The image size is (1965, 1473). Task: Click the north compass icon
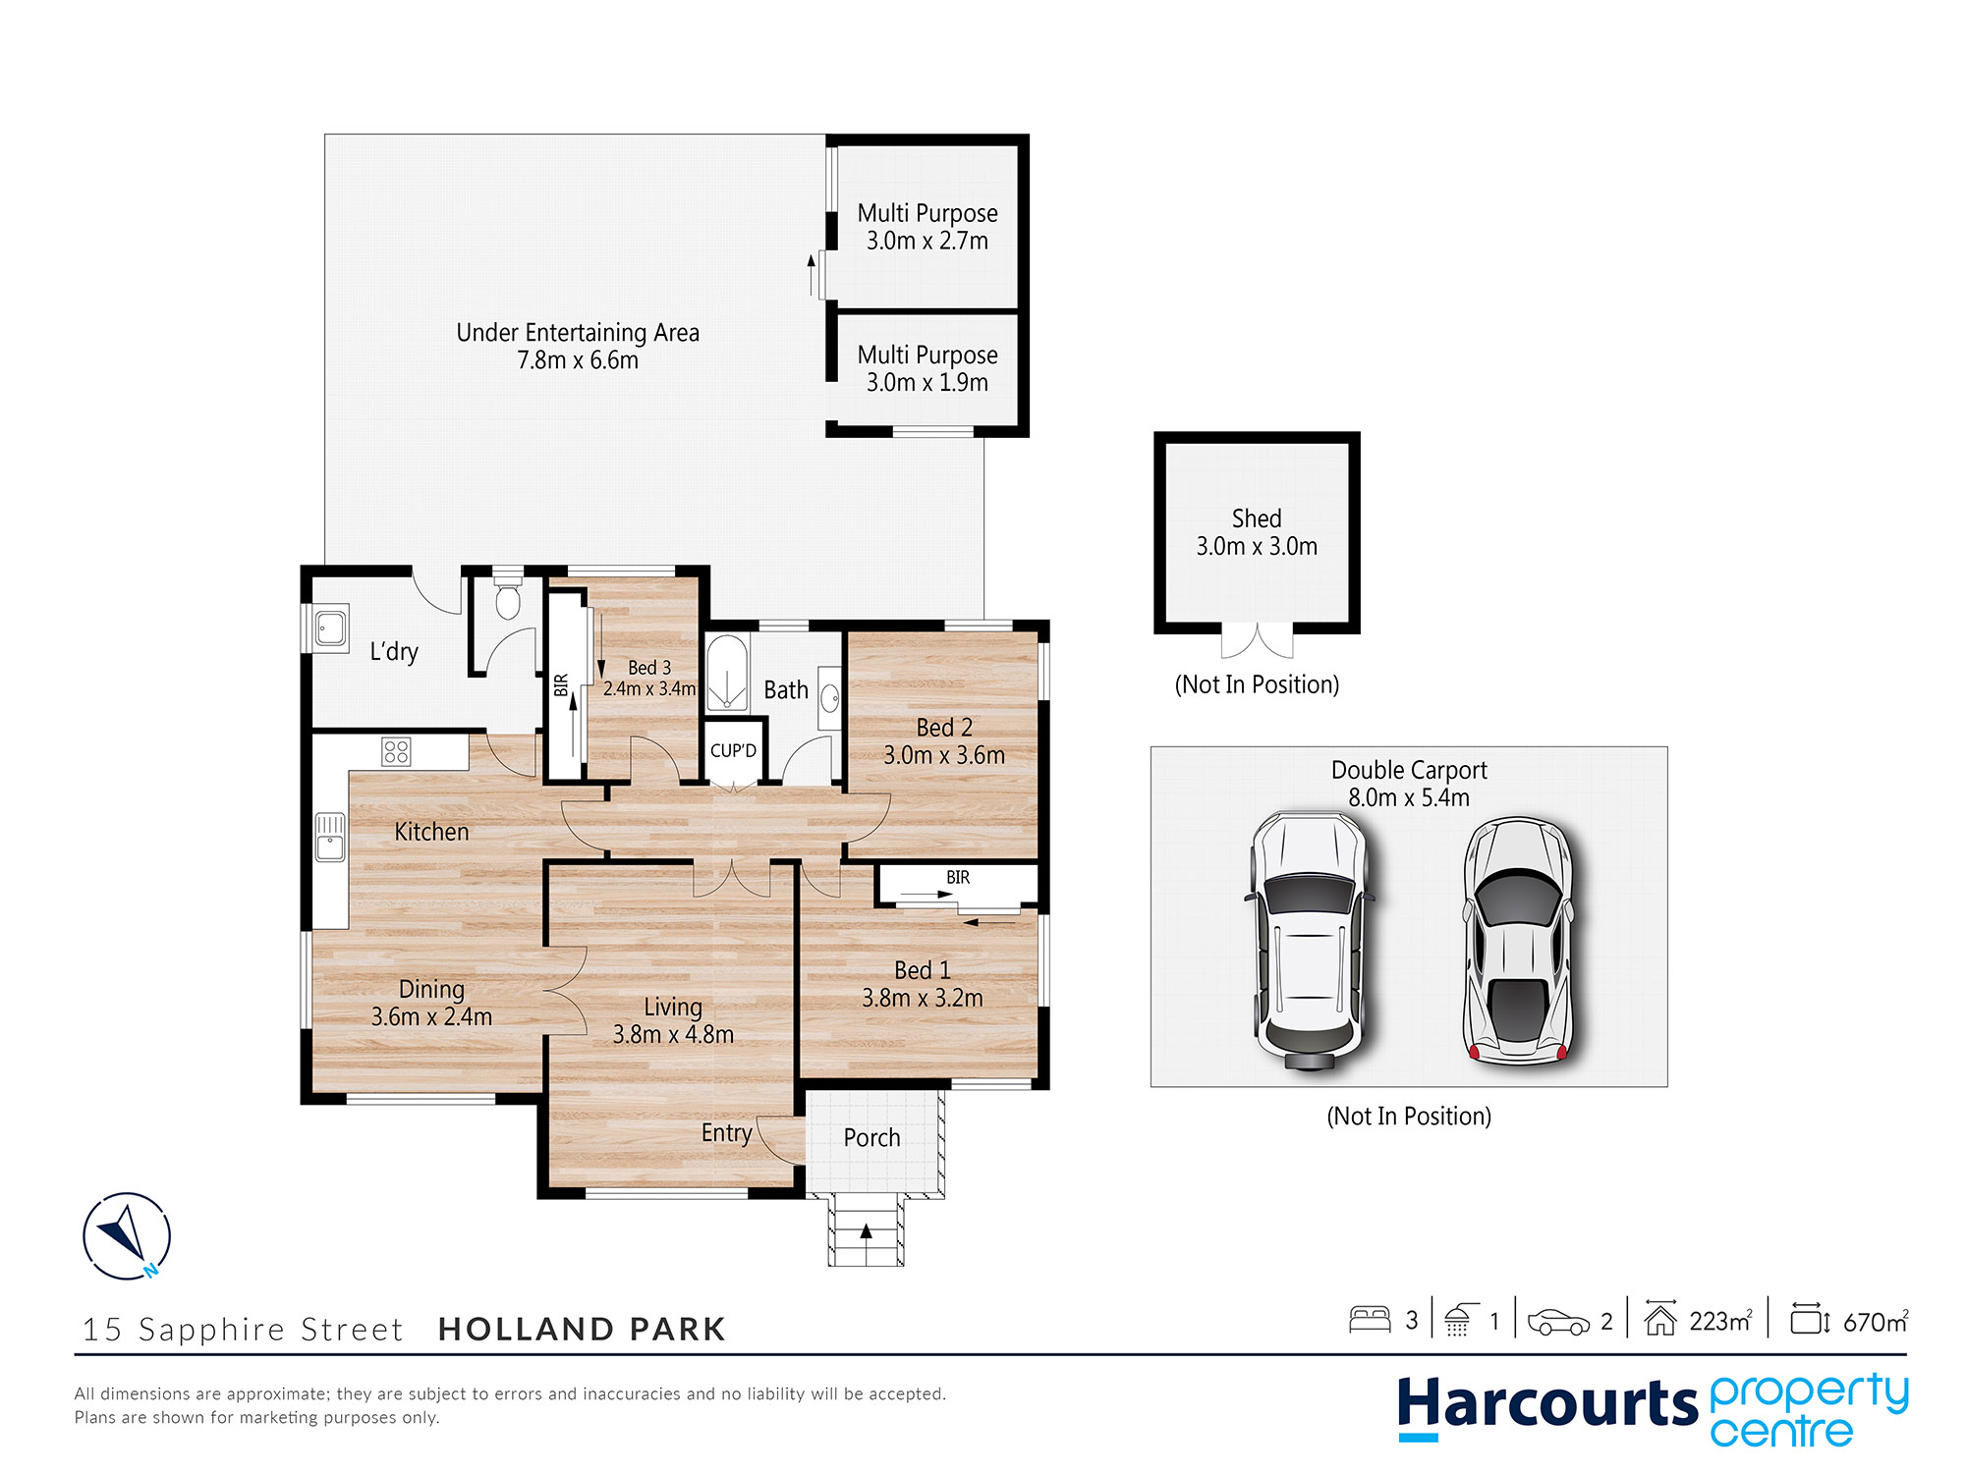pyautogui.click(x=127, y=1235)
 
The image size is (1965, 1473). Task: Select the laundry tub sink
pyautogui.click(x=330, y=627)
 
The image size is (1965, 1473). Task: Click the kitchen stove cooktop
pyautogui.click(x=396, y=752)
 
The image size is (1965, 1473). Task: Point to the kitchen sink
pyautogui.click(x=330, y=837)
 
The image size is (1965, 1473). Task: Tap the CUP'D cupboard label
pyautogui.click(x=733, y=751)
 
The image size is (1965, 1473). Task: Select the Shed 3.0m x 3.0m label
pyautogui.click(x=1257, y=532)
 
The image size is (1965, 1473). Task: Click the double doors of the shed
pyautogui.click(x=1257, y=640)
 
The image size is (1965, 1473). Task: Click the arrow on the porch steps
pyautogui.click(x=866, y=1231)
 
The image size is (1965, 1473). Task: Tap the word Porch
pyautogui.click(x=871, y=1137)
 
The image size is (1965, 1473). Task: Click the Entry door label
pyautogui.click(x=726, y=1133)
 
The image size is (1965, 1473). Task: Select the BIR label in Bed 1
pyautogui.click(x=958, y=877)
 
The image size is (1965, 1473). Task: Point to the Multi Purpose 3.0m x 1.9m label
pyautogui.click(x=927, y=368)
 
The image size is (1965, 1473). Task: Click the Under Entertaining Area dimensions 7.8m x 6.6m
pyautogui.click(x=578, y=360)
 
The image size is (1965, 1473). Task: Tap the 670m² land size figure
pyautogui.click(x=1875, y=1322)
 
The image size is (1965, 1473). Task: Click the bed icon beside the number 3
pyautogui.click(x=1370, y=1320)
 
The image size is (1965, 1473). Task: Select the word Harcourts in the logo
pyautogui.click(x=1546, y=1404)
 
